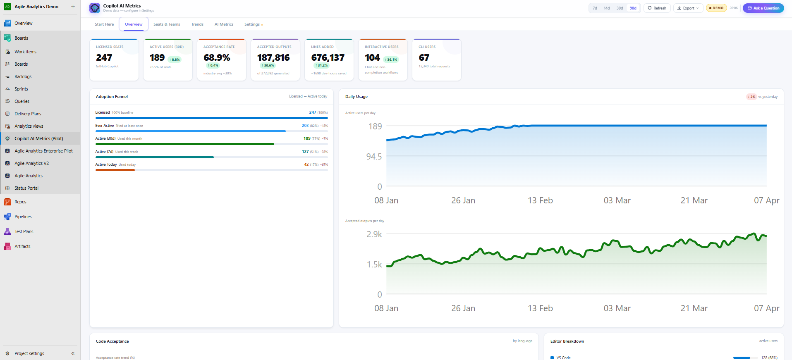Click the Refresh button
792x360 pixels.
tap(657, 8)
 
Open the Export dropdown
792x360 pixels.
tap(688, 8)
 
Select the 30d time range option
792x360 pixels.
tap(620, 8)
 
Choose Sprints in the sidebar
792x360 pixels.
tap(21, 89)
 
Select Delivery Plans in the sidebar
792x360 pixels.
tap(28, 114)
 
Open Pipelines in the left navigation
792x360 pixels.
tap(23, 217)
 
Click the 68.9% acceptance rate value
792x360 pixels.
tap(217, 57)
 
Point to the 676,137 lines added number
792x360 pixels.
tap(328, 57)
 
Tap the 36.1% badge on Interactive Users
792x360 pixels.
tap(391, 60)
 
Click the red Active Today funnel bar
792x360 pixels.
tap(115, 170)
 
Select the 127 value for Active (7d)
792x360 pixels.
tap(305, 152)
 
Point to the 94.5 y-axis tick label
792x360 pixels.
tap(374, 157)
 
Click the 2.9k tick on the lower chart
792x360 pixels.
tap(374, 234)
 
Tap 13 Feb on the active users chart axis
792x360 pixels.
tap(540, 200)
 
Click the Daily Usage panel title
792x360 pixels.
tap(356, 97)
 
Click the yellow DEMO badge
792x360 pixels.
tap(716, 8)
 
